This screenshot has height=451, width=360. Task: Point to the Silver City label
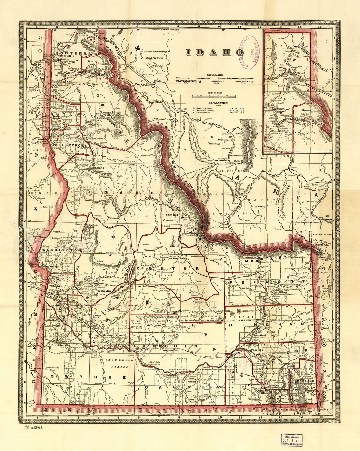pyautogui.click(x=64, y=345)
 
